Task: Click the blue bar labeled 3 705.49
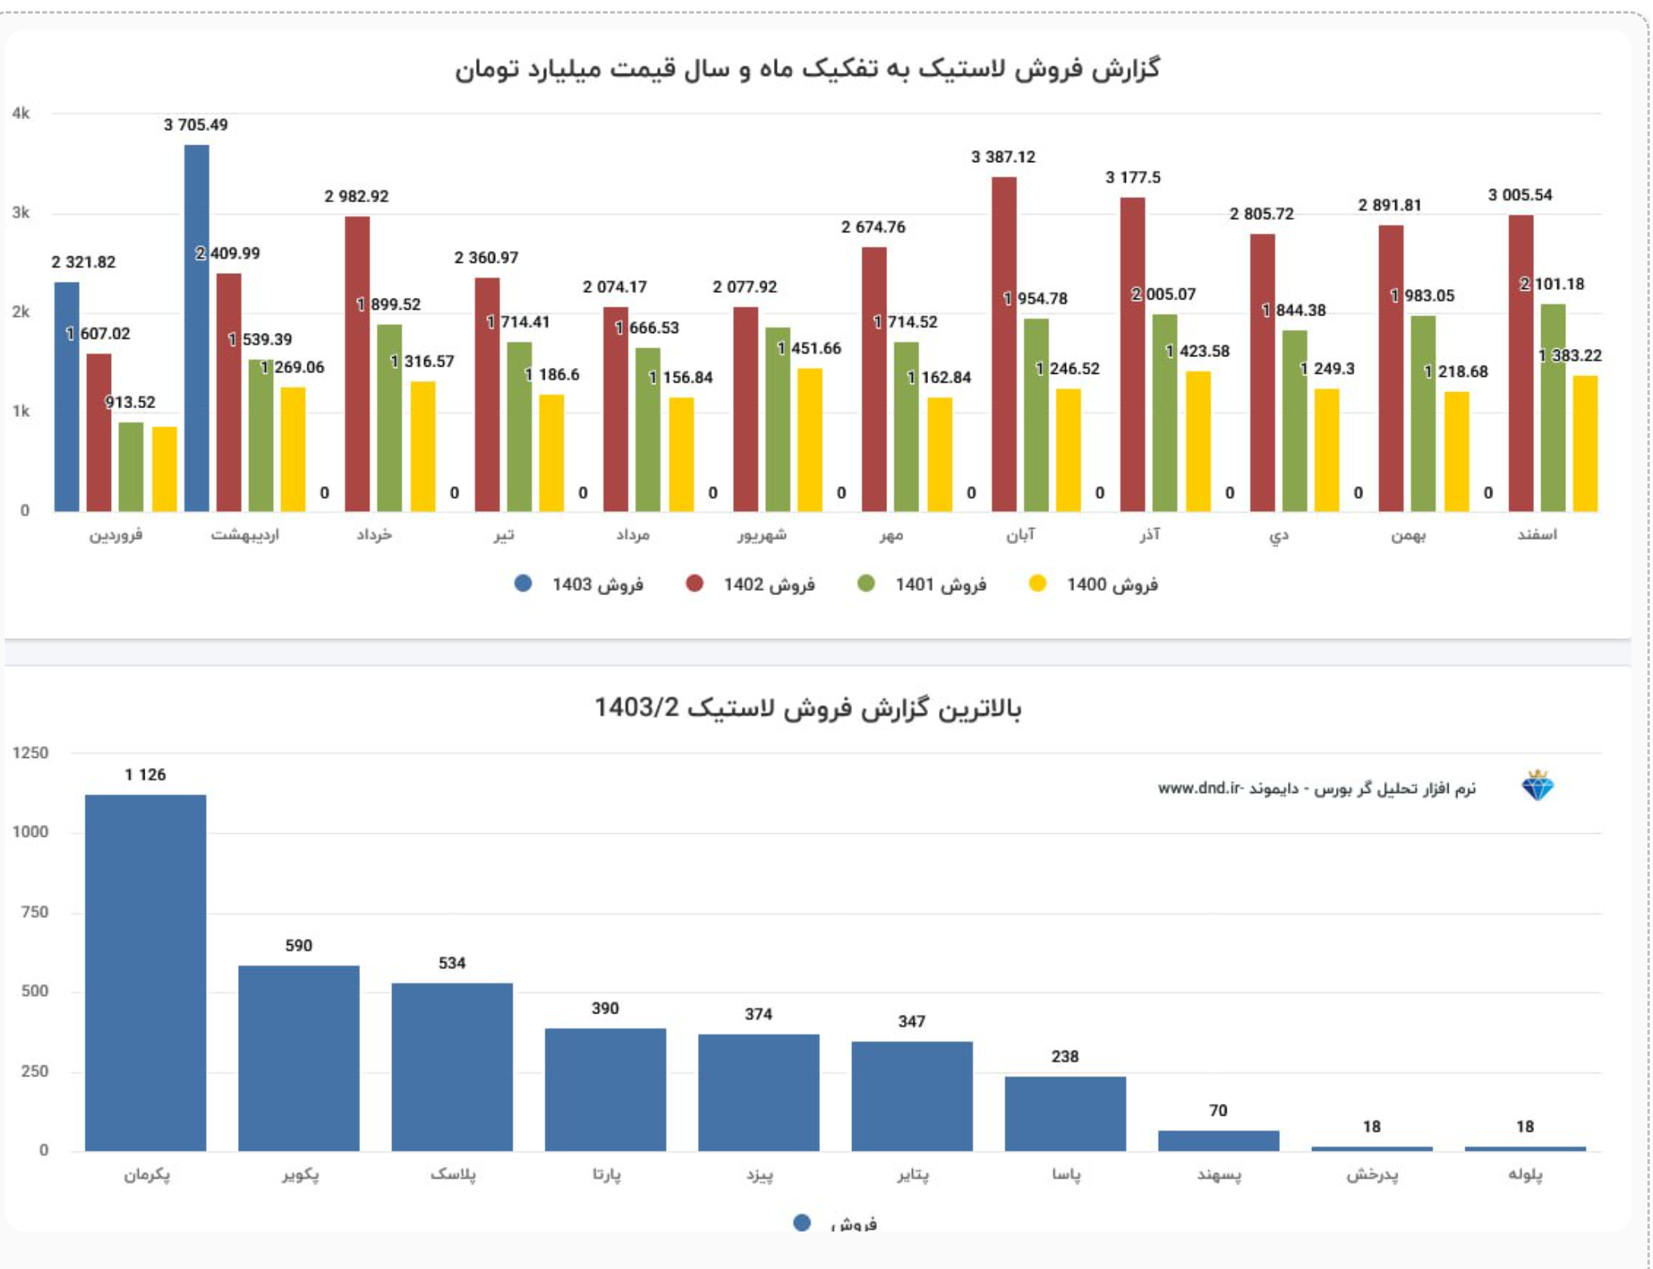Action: tap(196, 327)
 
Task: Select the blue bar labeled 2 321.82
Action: tap(67, 396)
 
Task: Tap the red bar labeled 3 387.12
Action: tap(1004, 343)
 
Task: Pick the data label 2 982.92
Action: tap(356, 196)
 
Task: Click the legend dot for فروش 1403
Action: tap(523, 584)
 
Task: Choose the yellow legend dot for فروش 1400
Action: tap(1037, 584)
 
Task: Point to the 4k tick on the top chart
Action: tap(21, 113)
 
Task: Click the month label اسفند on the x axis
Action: tap(1536, 534)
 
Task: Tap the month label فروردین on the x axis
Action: tap(116, 534)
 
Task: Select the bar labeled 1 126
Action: tap(145, 972)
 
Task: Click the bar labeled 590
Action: tap(299, 1057)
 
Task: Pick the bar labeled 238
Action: tap(1065, 1113)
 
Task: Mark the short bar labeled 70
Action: tap(1219, 1140)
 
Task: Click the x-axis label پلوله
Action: tap(1524, 1174)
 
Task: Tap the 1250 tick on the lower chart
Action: tap(30, 753)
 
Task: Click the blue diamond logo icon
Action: tap(1537, 787)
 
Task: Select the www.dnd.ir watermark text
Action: tap(1199, 788)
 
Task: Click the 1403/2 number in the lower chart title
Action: tap(636, 708)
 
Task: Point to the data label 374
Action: tap(758, 1014)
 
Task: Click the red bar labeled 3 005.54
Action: tap(1520, 363)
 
